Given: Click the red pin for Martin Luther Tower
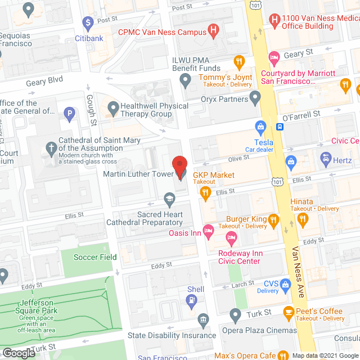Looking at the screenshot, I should [179, 167].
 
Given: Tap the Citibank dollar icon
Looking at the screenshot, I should [88, 24].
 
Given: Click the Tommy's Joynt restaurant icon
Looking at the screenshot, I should [239, 62].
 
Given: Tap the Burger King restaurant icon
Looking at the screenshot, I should [273, 219].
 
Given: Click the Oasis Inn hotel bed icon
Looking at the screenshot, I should [208, 230].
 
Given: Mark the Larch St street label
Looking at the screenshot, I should [244, 285].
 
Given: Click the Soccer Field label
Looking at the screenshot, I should [95, 257].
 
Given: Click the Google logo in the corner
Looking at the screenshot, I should [18, 353].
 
